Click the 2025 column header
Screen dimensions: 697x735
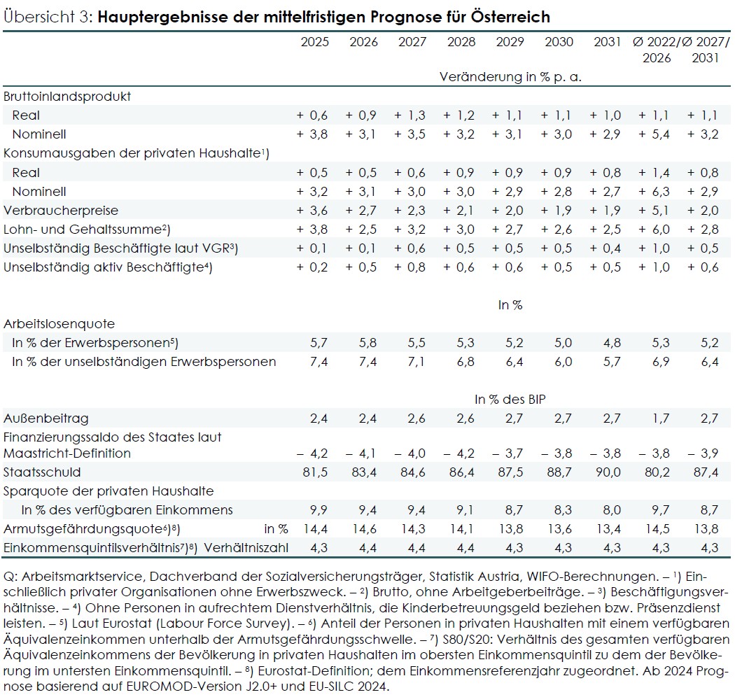[314, 42]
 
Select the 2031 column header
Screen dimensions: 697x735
[607, 42]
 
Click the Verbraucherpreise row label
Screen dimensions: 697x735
[61, 210]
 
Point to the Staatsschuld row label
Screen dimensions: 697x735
[42, 472]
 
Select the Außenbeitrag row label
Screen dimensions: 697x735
[46, 418]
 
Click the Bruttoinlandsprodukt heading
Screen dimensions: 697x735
[67, 97]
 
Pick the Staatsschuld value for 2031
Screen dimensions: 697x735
[607, 472]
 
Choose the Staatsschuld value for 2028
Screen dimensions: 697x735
[461, 472]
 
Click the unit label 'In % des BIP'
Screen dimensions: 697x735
[510, 399]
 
